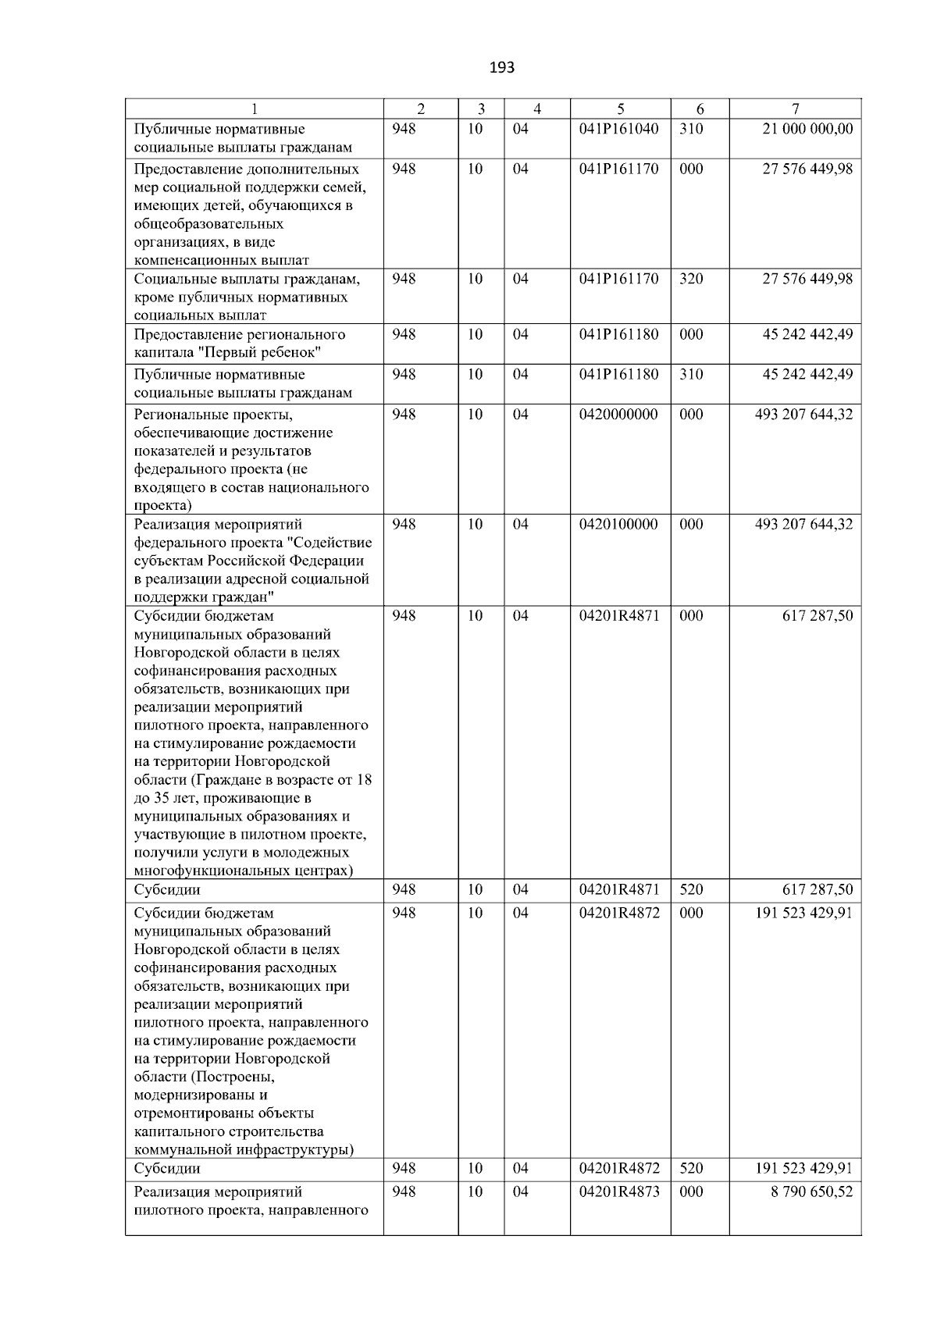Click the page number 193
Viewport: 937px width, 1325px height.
(x=501, y=68)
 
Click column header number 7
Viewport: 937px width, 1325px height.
(x=795, y=109)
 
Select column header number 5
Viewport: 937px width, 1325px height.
(x=620, y=109)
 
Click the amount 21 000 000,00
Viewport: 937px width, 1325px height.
(x=807, y=129)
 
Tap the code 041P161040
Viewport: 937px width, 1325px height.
(x=618, y=129)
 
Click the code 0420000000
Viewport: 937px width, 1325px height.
(x=618, y=415)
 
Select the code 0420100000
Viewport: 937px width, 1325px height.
(x=618, y=524)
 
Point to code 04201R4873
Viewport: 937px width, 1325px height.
(x=618, y=1191)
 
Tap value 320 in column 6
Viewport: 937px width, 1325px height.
(x=690, y=279)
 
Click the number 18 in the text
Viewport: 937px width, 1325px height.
(x=364, y=780)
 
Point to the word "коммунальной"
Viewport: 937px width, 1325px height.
(x=182, y=1149)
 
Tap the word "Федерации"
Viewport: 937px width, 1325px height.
(x=326, y=561)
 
